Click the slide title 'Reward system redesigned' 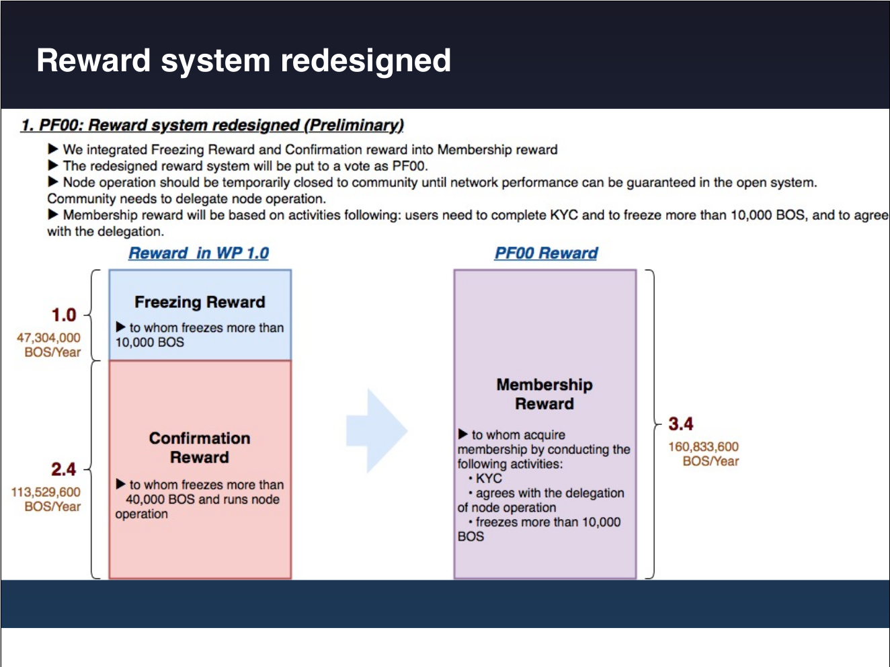pyautogui.click(x=243, y=61)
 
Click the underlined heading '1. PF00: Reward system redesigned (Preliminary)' pyautogui.click(x=212, y=125)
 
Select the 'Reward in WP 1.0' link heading pyautogui.click(x=198, y=253)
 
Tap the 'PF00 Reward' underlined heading pyautogui.click(x=546, y=253)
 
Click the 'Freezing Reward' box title pyautogui.click(x=200, y=302)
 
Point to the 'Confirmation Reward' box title pyautogui.click(x=200, y=448)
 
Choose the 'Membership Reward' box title pyautogui.click(x=544, y=394)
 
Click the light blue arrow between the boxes pyautogui.click(x=376, y=430)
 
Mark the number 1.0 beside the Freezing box pyautogui.click(x=64, y=315)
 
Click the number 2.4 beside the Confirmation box pyautogui.click(x=63, y=469)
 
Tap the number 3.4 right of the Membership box pyautogui.click(x=680, y=424)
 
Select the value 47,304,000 pyautogui.click(x=48, y=338)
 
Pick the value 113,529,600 pyautogui.click(x=46, y=492)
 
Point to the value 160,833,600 pyautogui.click(x=703, y=446)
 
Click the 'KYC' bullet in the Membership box pyautogui.click(x=489, y=478)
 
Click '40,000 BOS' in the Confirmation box pyautogui.click(x=160, y=500)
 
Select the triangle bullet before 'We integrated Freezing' pyautogui.click(x=53, y=149)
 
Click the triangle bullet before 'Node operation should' pyautogui.click(x=53, y=182)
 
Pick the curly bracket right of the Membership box pyautogui.click(x=652, y=424)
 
